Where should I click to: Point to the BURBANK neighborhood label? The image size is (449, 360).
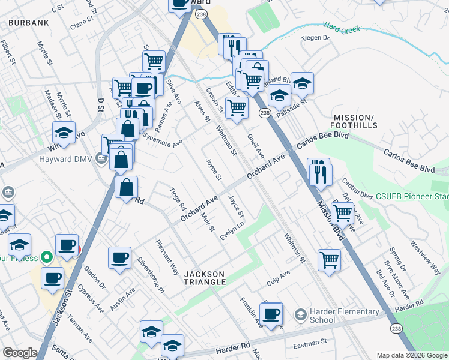[x=28, y=23]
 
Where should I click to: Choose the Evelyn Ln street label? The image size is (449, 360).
[x=233, y=230]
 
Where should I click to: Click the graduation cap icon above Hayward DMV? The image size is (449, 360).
[x=64, y=132]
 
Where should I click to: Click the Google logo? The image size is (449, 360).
[x=20, y=353]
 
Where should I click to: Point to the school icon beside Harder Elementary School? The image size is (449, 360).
[x=301, y=314]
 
